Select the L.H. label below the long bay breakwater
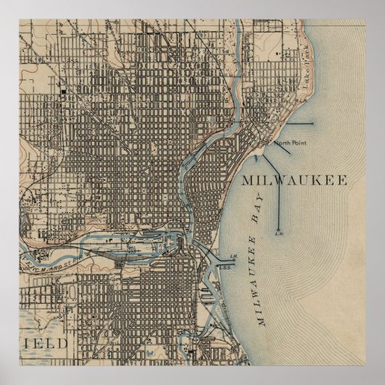pos(278,233)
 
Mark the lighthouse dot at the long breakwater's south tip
pos(278,227)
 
